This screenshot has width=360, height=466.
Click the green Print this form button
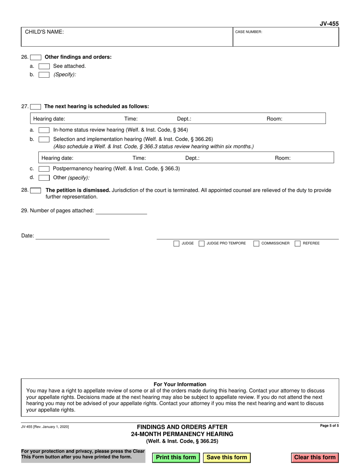176,457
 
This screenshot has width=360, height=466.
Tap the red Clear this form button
315,457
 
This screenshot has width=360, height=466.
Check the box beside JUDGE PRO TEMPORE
202,243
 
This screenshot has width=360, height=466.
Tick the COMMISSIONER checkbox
256,243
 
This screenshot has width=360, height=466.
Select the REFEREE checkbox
297,243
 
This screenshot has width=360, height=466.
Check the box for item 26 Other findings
36,57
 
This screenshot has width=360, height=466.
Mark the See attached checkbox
44,66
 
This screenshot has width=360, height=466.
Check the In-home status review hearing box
44,130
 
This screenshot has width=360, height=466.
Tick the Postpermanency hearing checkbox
44,169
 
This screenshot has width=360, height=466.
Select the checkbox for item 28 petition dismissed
36,191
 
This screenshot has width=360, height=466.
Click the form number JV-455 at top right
329,23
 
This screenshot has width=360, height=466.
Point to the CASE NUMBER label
249,32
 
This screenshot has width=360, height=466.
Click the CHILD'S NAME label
44,32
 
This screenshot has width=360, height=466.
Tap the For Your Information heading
180,384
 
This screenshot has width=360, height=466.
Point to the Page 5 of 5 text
329,426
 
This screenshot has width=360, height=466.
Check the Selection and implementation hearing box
44,139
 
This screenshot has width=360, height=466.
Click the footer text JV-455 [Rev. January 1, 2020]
45,427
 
